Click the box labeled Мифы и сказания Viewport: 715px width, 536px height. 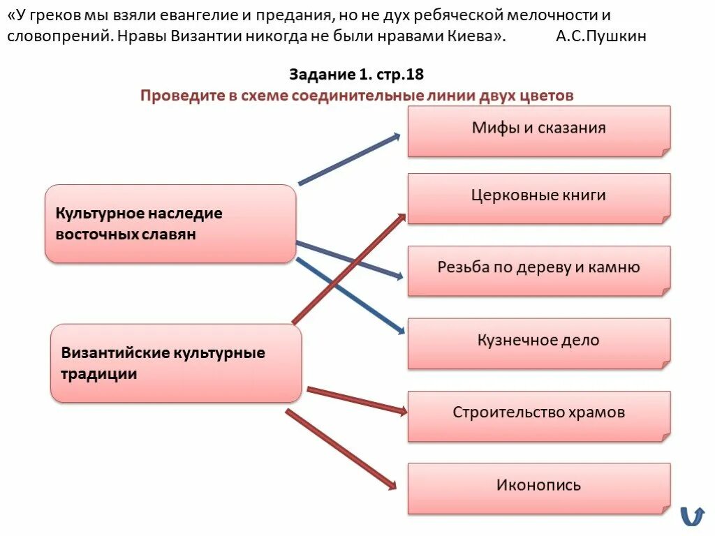click(538, 131)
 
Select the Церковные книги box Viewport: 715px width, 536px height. click(538, 198)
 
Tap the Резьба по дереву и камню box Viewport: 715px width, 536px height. click(538, 270)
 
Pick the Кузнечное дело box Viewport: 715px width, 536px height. click(538, 343)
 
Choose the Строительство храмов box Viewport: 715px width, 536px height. click(538, 415)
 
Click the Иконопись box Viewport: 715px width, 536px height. click(538, 488)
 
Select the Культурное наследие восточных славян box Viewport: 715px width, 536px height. click(170, 224)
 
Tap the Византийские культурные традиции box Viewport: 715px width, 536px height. click(176, 363)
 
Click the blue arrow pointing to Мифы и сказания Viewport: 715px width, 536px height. click(348, 159)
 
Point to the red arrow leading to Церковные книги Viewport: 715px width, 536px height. click(348, 268)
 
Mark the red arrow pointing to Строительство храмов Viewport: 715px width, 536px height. click(356, 401)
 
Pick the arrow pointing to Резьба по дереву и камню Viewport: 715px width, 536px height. click(349, 260)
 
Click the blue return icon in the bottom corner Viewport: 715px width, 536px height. click(692, 516)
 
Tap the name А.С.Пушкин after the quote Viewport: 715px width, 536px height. click(601, 37)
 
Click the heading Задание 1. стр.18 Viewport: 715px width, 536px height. click(356, 75)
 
